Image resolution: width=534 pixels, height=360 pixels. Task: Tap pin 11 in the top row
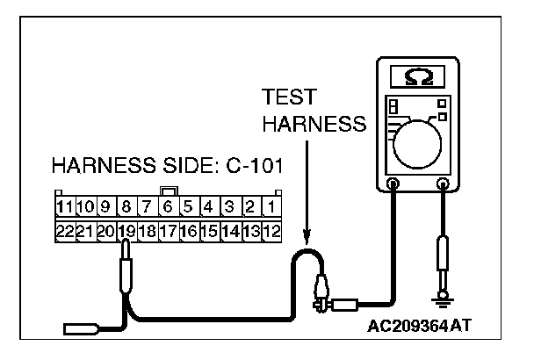tap(63, 208)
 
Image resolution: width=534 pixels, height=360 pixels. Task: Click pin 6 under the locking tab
tap(167, 208)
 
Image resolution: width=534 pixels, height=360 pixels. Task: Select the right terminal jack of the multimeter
tap(444, 184)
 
